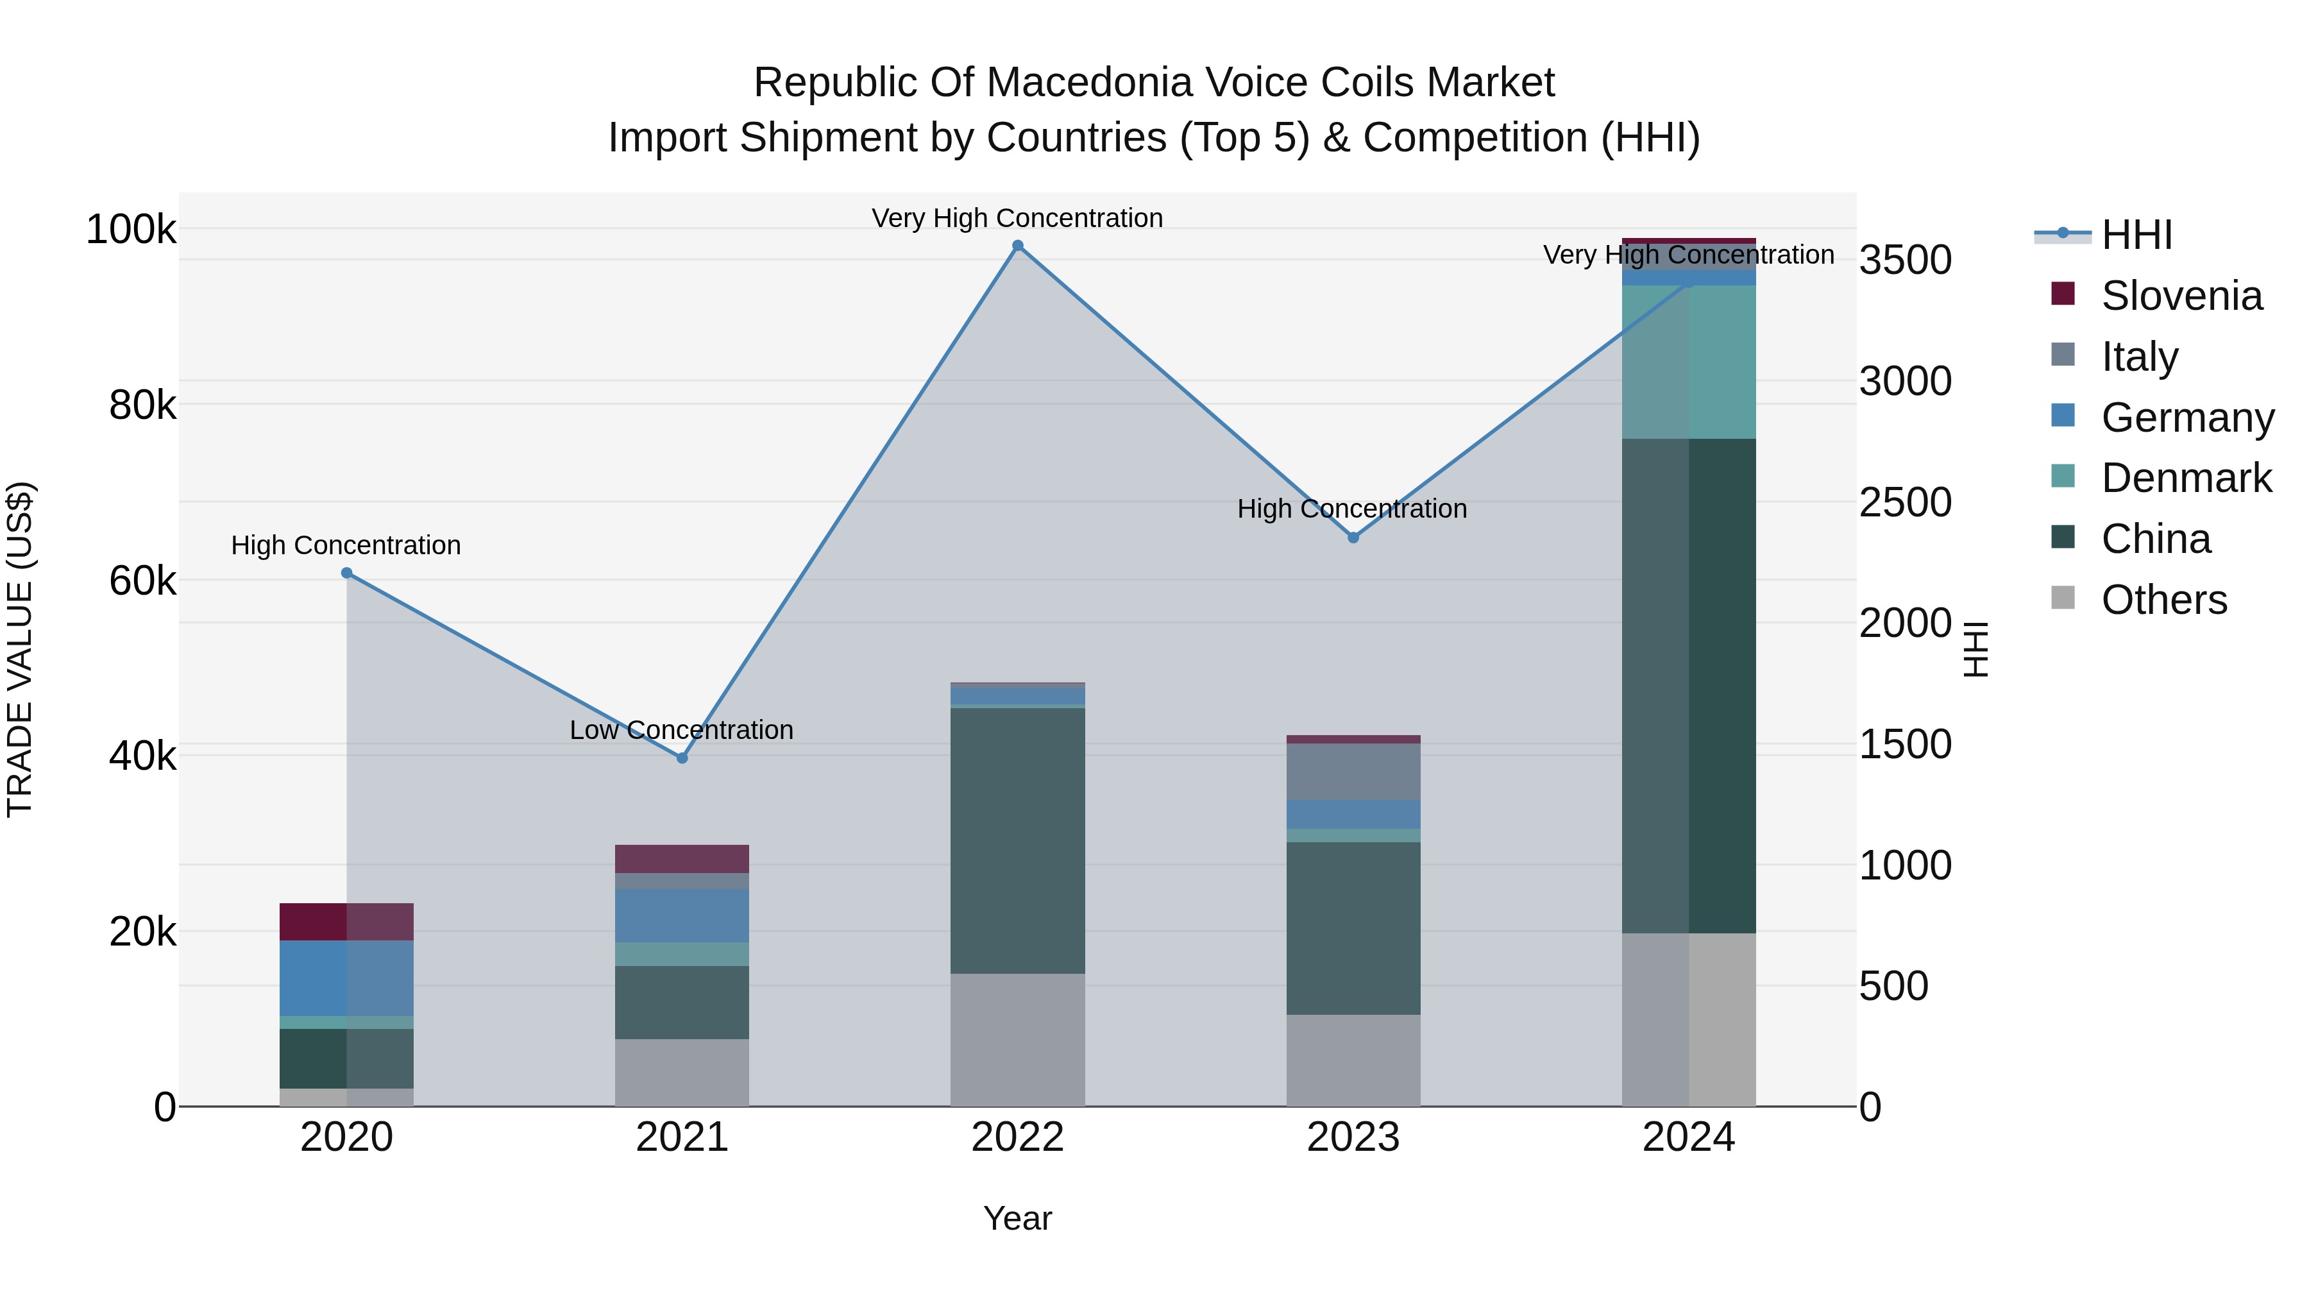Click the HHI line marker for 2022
tap(1017, 246)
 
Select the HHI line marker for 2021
tap(682, 758)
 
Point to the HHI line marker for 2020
tap(347, 573)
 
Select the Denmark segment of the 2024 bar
tap(1689, 362)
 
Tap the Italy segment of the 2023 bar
tap(1353, 771)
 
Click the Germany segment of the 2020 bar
tap(347, 978)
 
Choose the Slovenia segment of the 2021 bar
tap(682, 859)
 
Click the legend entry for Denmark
tap(2185, 478)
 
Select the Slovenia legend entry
tap(2180, 296)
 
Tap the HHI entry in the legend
tap(2136, 235)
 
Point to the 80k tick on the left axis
tap(142, 405)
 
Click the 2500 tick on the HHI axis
tap(1905, 502)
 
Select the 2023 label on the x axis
tap(1353, 1137)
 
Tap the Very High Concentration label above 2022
tap(1017, 218)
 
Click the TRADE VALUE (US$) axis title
tap(20, 649)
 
